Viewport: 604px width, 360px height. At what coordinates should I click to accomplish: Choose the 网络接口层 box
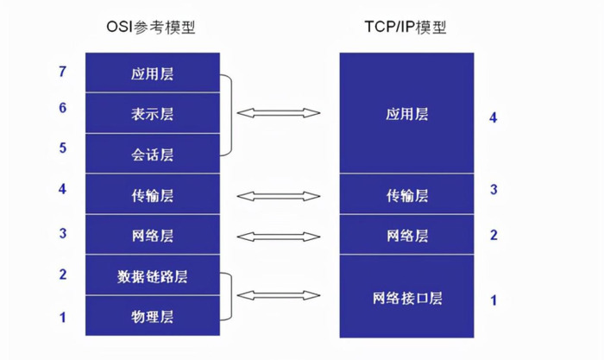(x=407, y=299)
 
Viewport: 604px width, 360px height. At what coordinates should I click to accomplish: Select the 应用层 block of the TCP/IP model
(x=407, y=113)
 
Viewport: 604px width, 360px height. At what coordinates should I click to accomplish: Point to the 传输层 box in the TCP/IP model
(x=407, y=195)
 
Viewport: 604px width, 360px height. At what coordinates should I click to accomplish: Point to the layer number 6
(x=62, y=108)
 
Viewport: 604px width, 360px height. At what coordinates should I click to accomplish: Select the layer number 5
(x=62, y=148)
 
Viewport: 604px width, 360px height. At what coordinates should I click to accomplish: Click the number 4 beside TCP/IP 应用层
(x=494, y=117)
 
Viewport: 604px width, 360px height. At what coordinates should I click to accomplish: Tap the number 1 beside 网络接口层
(x=494, y=300)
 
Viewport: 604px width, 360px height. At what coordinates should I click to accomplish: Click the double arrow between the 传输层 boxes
(x=278, y=196)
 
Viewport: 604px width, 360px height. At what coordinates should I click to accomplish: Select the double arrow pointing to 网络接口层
(x=278, y=296)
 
